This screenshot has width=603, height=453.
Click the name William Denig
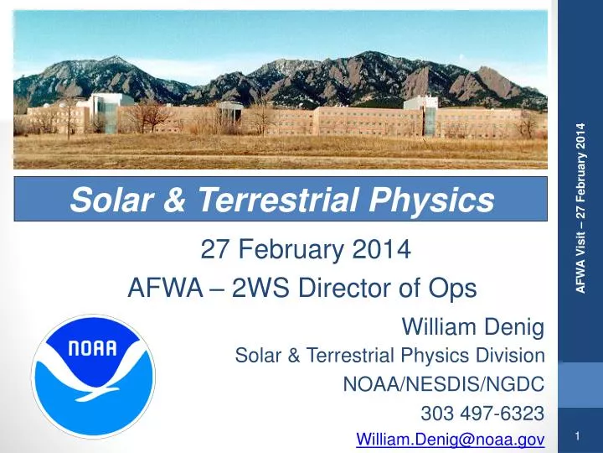(x=474, y=325)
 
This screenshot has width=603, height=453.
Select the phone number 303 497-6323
(x=482, y=413)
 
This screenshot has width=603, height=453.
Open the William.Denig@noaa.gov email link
(x=451, y=439)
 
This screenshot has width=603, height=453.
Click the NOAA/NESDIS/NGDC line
(x=445, y=384)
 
